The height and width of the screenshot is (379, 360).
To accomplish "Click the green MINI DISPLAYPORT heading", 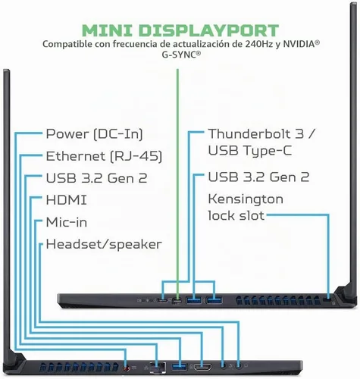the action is (x=180, y=30).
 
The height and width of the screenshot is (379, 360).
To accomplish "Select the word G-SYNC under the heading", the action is (x=180, y=55).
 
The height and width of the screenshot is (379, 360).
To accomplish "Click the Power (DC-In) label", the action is (x=94, y=134).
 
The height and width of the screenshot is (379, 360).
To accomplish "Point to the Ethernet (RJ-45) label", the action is (x=104, y=156).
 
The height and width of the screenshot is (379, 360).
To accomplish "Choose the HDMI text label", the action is (x=66, y=200).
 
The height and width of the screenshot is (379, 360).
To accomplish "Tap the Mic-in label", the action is (x=67, y=222).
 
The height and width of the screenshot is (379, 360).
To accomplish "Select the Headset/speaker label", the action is (x=104, y=244).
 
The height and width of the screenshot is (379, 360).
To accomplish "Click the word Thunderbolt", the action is (x=249, y=133).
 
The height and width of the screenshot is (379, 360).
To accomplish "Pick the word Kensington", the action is (x=246, y=199).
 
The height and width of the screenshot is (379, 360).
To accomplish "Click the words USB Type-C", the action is (x=250, y=150).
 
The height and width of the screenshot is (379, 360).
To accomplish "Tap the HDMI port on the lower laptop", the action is (x=202, y=366).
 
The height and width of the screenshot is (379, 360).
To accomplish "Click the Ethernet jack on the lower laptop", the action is (x=158, y=367).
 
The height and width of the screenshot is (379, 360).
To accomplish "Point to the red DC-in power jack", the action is (x=126, y=368).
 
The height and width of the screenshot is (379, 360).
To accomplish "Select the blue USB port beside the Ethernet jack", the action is (x=179, y=366).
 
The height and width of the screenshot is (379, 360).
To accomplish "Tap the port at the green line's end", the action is (x=177, y=301).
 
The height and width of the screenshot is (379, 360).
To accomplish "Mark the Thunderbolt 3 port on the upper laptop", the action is (x=162, y=300).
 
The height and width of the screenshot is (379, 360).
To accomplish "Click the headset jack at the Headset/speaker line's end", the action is (x=238, y=365).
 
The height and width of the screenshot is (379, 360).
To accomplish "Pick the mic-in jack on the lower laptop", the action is (x=223, y=365).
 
